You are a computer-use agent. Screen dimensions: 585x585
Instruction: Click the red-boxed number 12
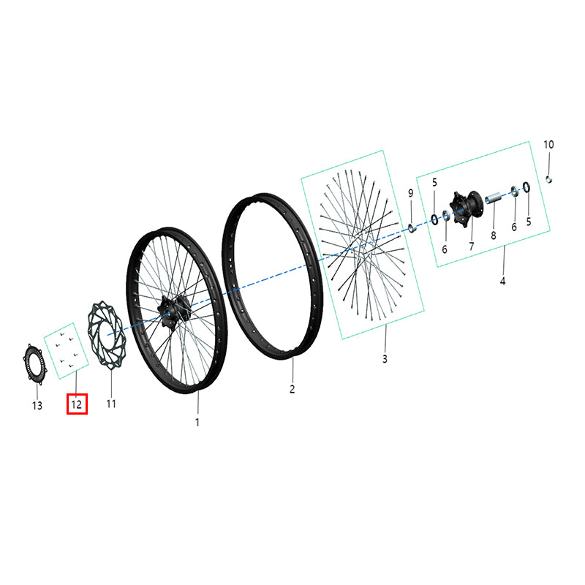coord(77,404)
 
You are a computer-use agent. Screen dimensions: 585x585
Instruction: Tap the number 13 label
coord(37,406)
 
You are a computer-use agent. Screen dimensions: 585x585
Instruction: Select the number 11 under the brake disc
coord(111,404)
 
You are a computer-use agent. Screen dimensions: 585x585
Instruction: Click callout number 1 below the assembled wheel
coord(197,423)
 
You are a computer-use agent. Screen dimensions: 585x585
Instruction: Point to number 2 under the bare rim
coord(292,389)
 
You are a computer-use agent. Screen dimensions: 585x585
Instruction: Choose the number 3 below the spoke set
coord(385,359)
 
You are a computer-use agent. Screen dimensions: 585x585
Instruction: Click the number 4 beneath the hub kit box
coord(502,281)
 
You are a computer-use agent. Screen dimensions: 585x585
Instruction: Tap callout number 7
coord(472,246)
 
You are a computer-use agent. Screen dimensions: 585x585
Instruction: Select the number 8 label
coord(494,235)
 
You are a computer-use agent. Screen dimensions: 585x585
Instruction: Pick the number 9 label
coord(411,193)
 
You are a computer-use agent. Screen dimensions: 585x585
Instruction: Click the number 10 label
coord(548,144)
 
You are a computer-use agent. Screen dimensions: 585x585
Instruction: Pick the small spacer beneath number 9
coord(412,227)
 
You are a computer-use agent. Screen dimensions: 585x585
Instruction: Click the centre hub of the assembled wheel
coord(174,310)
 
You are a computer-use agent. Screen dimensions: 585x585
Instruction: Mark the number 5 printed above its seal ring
coord(434,182)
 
